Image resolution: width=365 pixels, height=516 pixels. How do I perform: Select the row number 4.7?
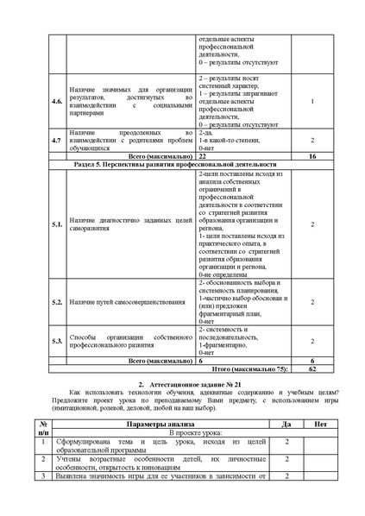pos(56,139)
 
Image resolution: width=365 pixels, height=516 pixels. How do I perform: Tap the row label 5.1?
pos(56,223)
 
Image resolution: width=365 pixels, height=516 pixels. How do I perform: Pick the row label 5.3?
pos(56,341)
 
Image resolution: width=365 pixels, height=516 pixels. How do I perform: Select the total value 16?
pos(312,155)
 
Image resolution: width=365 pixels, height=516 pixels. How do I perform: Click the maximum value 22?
pos(203,155)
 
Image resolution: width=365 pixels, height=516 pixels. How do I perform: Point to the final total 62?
pos(312,368)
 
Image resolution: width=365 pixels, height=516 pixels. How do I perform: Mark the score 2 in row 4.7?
pos(312,139)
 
